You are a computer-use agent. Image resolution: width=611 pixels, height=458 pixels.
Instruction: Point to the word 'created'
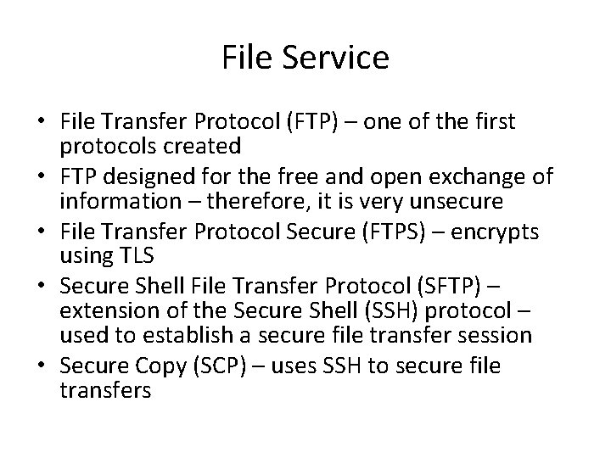click(x=206, y=146)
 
